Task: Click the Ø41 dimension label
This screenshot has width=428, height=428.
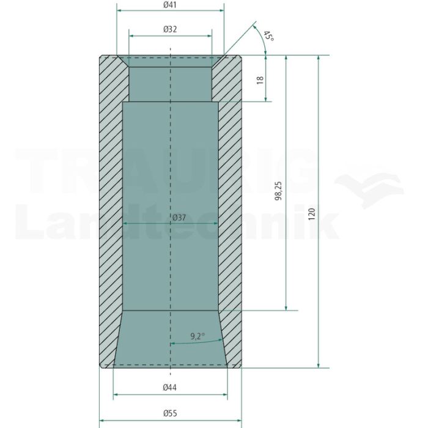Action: (170, 5)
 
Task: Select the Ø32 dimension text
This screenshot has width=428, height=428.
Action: (170, 29)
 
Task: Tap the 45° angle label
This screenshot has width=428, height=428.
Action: (269, 36)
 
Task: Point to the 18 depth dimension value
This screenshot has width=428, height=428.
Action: (260, 79)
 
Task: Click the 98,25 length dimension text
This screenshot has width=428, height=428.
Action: (278, 191)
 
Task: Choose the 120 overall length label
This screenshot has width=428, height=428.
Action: (311, 214)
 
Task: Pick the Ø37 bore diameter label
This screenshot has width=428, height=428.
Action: (179, 218)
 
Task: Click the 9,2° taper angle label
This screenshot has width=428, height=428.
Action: (197, 336)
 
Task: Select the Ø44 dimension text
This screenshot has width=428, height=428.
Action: (170, 387)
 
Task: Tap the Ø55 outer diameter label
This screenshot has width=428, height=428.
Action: (170, 413)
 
